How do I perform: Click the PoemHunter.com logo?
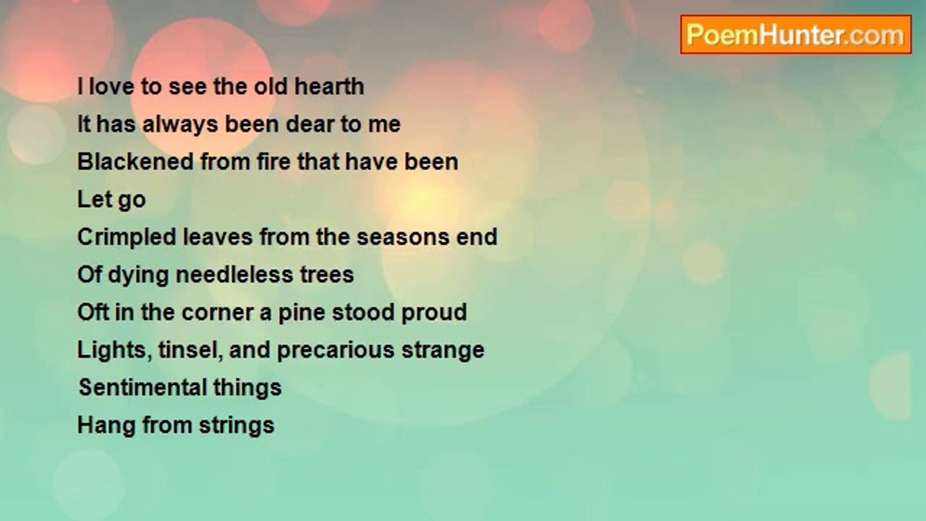[x=796, y=35]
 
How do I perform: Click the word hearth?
[x=329, y=86]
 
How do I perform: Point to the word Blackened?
[x=135, y=161]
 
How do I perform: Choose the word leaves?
[x=218, y=237]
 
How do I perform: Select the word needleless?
[x=234, y=274]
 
